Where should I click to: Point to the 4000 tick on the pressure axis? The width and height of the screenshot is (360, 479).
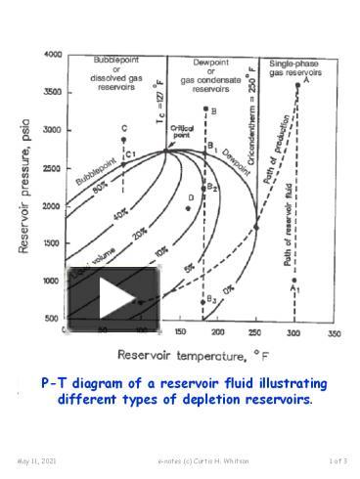[x=53, y=55]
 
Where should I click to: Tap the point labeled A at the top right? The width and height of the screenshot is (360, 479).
[x=297, y=85]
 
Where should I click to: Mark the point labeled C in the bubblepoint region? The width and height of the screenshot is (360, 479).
[x=124, y=140]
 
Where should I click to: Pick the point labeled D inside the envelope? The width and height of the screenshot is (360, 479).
[x=187, y=207]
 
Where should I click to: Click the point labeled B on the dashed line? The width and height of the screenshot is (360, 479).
[x=204, y=109]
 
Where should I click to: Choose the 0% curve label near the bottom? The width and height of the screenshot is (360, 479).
[x=229, y=289]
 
